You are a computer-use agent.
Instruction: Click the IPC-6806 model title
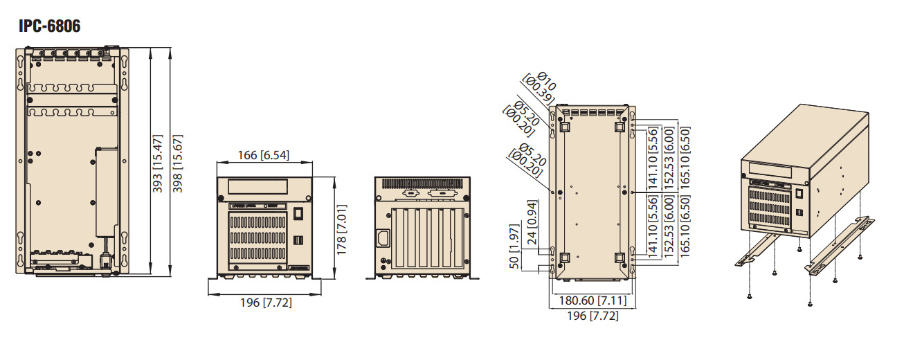(x=50, y=26)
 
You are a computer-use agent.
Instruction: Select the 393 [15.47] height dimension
(x=157, y=163)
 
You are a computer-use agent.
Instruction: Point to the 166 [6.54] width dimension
(x=264, y=155)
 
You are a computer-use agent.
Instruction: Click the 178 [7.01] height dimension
(x=341, y=230)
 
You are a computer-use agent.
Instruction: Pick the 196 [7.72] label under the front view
(x=266, y=303)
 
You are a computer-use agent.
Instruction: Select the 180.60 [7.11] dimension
(x=593, y=300)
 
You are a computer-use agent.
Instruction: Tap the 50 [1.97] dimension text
(x=514, y=246)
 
